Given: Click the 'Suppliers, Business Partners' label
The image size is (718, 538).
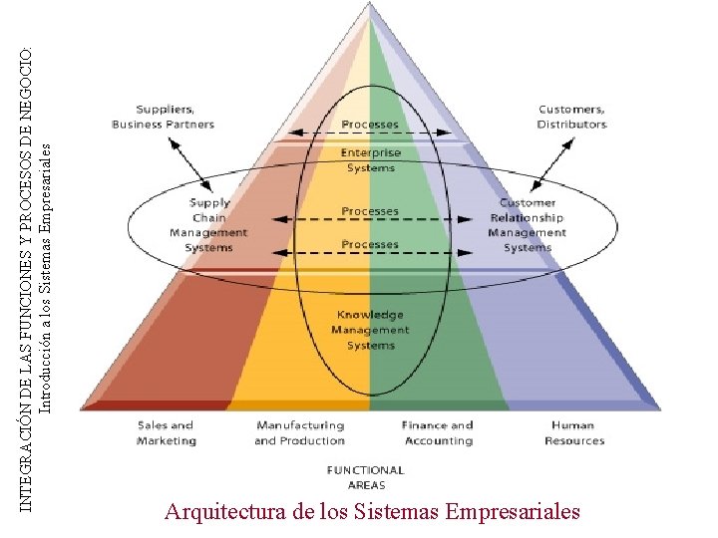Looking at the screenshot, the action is (163, 117).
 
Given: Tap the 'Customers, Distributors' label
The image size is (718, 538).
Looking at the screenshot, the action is (571, 117).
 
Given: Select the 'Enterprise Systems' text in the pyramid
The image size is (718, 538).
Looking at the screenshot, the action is (370, 160).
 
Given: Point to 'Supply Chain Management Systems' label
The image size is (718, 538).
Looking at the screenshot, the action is (208, 225).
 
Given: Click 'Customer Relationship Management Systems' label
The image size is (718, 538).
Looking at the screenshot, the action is (528, 225).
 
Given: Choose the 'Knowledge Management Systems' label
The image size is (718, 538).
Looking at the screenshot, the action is (370, 330).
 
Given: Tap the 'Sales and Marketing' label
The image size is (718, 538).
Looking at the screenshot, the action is (167, 432).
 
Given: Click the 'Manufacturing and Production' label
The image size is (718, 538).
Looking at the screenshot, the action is (299, 432).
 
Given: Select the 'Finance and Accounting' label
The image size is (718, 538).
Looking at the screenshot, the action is (438, 432).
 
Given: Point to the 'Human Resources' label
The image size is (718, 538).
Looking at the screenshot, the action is (574, 432).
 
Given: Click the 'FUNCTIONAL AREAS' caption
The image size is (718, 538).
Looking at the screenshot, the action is (366, 476).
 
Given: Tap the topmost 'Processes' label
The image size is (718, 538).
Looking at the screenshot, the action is (370, 125).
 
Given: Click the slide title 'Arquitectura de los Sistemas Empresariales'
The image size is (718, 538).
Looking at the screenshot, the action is (372, 512).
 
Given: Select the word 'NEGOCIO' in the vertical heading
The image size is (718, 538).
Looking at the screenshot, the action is (27, 80).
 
